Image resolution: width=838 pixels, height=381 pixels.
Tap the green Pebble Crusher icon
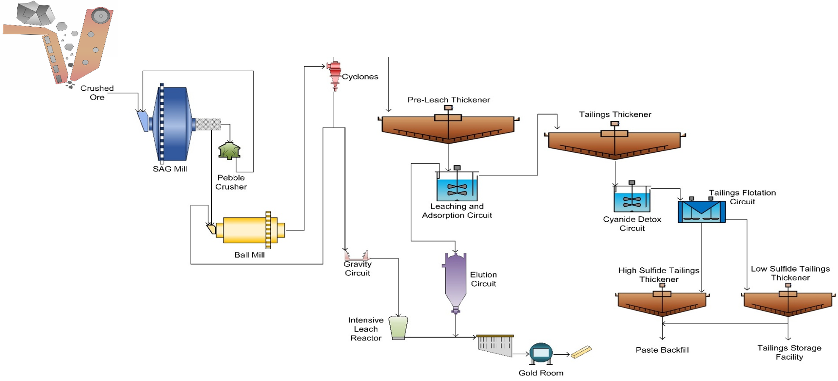tap(229, 151)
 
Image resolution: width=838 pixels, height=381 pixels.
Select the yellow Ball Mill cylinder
tap(248, 230)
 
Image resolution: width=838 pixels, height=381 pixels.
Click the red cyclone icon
tap(335, 74)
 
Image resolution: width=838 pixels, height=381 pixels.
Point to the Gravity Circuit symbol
tap(356, 256)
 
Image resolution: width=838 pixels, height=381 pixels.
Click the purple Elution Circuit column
tap(455, 280)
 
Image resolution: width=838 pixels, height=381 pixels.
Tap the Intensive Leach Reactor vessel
tap(398, 327)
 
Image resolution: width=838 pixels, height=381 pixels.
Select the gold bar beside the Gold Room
tap(581, 352)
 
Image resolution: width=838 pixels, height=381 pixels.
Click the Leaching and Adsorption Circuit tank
tap(457, 189)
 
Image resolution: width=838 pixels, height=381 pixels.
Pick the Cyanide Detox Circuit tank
tap(632, 202)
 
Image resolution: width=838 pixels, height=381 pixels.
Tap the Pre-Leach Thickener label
tap(449, 100)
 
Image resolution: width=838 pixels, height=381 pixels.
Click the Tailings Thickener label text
tap(615, 114)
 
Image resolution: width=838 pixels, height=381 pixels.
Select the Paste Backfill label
tap(662, 350)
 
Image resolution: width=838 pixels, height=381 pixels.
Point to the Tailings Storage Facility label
tap(789, 352)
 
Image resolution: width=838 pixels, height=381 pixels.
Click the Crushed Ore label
tap(97, 92)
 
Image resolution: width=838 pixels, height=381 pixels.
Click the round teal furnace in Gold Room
tap(541, 353)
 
